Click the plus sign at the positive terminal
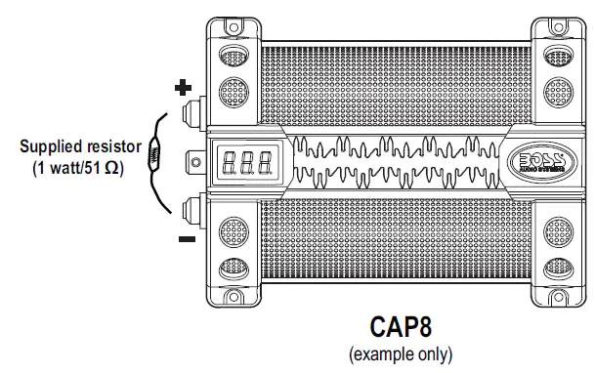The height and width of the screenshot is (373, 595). click(x=182, y=88)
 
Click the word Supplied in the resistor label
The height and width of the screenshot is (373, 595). click(x=50, y=146)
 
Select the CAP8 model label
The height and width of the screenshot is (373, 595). click(x=402, y=325)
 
